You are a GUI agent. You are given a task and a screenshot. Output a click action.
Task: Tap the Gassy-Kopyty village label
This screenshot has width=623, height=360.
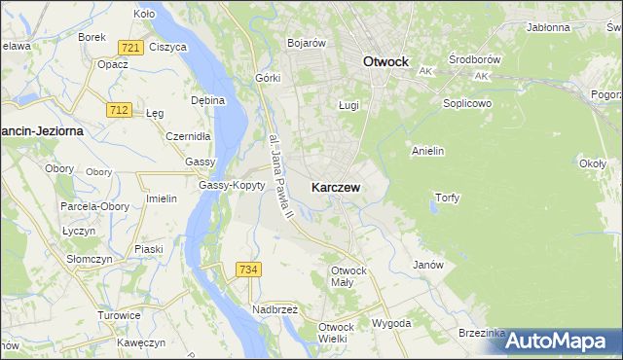232,185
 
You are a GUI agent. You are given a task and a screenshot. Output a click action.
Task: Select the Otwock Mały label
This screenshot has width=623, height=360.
348,275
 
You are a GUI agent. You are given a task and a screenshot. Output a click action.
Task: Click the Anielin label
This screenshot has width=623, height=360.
428,151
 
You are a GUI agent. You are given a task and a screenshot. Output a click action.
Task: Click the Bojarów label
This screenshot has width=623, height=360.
306,43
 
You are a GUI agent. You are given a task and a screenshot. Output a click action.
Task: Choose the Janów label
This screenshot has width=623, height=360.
428,265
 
